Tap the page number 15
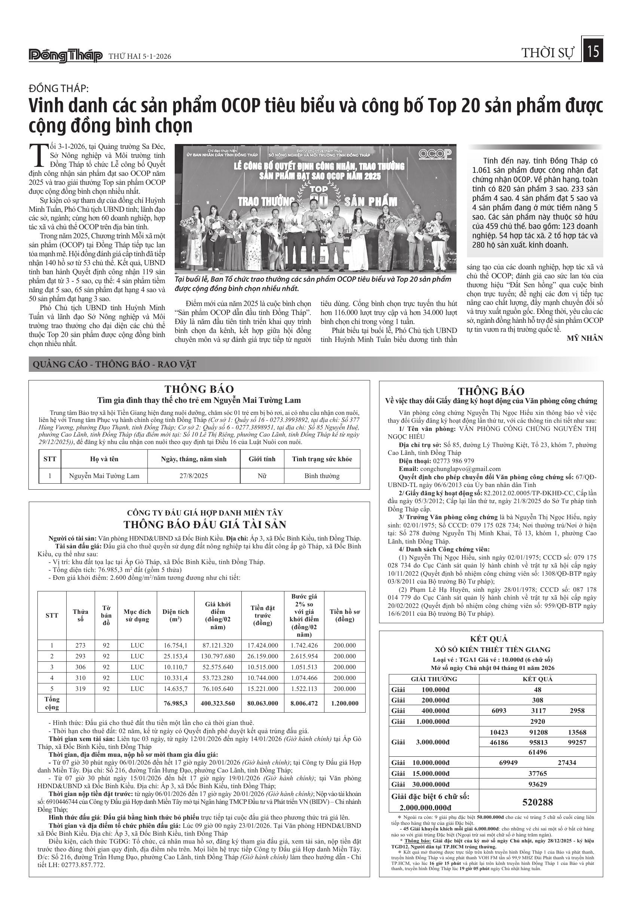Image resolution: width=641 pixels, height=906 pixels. point(593,52)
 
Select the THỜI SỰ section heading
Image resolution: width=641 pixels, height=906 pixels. point(547,53)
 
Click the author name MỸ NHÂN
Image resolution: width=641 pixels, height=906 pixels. point(584,338)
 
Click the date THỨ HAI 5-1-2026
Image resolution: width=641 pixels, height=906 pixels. point(140,56)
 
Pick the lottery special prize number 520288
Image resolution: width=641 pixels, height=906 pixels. point(537,802)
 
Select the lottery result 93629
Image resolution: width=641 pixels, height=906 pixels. point(537,784)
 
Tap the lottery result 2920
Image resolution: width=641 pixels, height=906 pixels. point(537,722)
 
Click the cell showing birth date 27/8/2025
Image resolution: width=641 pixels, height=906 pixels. point(193,476)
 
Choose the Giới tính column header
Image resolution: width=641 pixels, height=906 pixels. point(262,459)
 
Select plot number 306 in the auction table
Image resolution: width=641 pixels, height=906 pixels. point(80,667)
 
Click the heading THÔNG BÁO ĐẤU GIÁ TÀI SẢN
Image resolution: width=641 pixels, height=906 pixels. point(204,524)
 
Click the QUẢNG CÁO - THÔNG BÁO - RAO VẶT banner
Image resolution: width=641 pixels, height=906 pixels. point(114,364)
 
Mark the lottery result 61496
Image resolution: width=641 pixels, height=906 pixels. point(537,752)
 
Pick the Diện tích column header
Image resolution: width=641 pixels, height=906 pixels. point(175,615)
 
